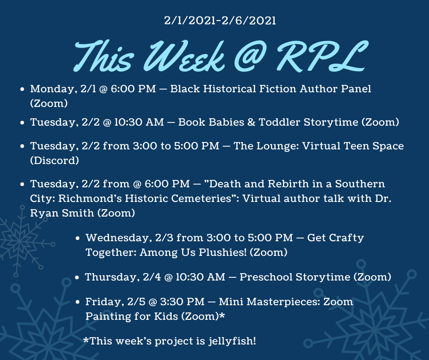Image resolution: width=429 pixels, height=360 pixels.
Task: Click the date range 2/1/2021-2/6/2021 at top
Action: (220, 21)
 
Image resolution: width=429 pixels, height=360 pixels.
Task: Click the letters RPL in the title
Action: (321, 56)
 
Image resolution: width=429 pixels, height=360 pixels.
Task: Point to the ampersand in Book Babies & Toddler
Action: (251, 122)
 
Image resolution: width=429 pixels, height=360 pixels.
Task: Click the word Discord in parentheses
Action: (54, 160)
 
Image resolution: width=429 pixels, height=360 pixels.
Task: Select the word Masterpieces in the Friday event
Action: (283, 302)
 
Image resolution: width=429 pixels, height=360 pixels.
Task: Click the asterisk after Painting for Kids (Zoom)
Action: (222, 315)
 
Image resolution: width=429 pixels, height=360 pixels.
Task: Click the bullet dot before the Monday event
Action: (22, 90)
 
